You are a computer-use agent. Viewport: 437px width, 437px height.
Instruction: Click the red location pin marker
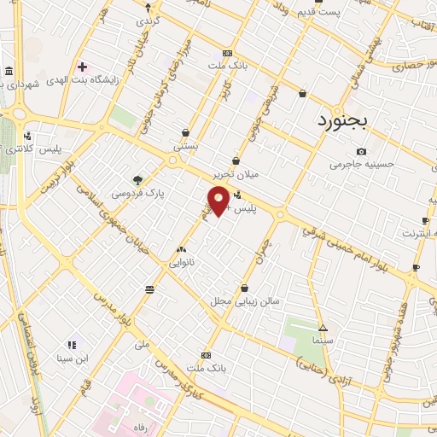tap(218, 201)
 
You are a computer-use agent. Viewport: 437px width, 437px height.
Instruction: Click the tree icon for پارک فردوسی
tap(137, 179)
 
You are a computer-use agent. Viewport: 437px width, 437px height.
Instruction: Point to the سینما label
tap(323, 341)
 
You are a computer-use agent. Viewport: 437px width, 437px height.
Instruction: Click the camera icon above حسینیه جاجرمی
tap(361, 151)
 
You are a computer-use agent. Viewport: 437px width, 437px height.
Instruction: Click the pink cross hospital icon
tap(82, 66)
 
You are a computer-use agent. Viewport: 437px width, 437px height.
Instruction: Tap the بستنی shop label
tap(185, 146)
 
